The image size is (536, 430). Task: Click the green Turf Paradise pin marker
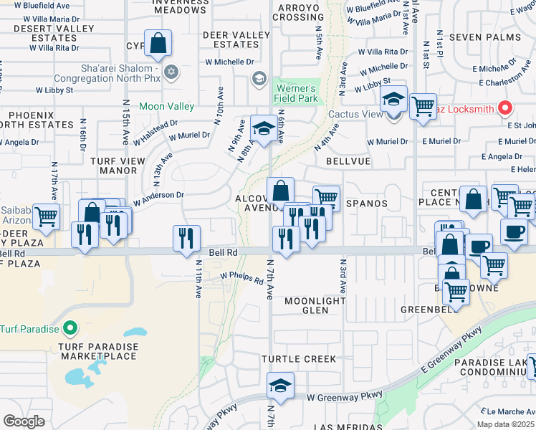[70, 329]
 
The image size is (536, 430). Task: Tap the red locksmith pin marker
[504, 108]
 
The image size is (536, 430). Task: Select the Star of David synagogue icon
[171, 72]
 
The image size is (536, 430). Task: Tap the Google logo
[24, 421]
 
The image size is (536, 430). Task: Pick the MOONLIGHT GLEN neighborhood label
[315, 305]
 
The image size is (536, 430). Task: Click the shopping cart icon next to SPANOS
[326, 197]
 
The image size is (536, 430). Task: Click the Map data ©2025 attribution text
[505, 424]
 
